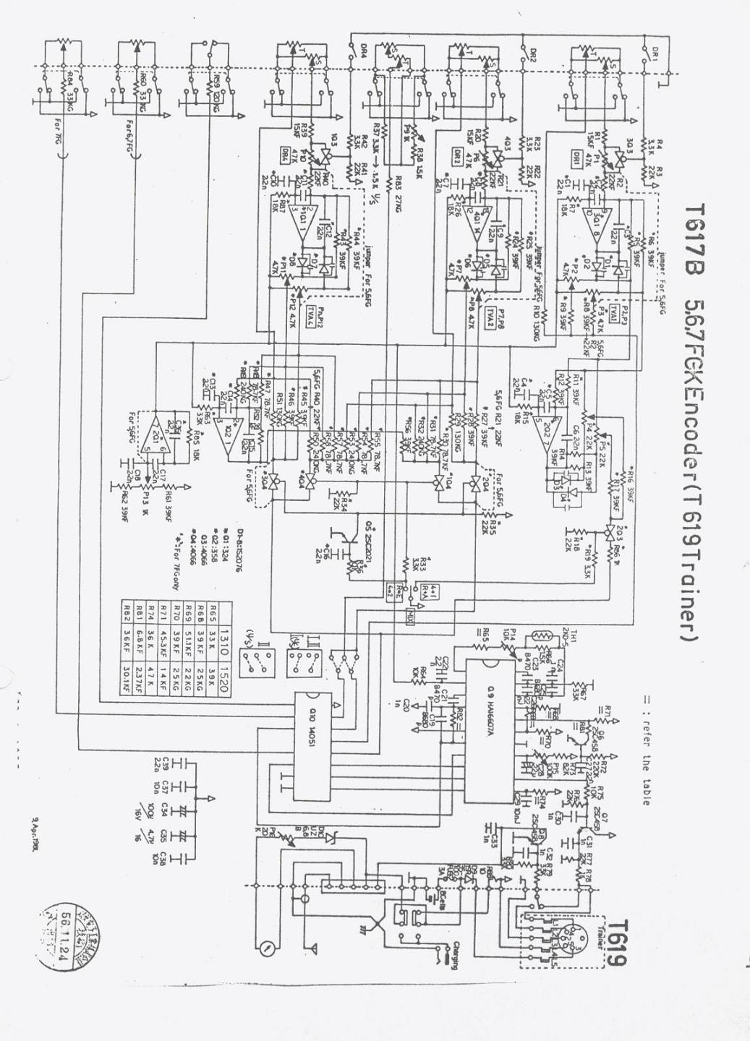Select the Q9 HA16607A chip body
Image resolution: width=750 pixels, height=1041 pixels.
(x=492, y=730)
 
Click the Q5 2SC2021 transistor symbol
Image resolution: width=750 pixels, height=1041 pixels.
(x=346, y=535)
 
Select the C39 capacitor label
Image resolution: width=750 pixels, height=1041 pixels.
(x=161, y=766)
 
